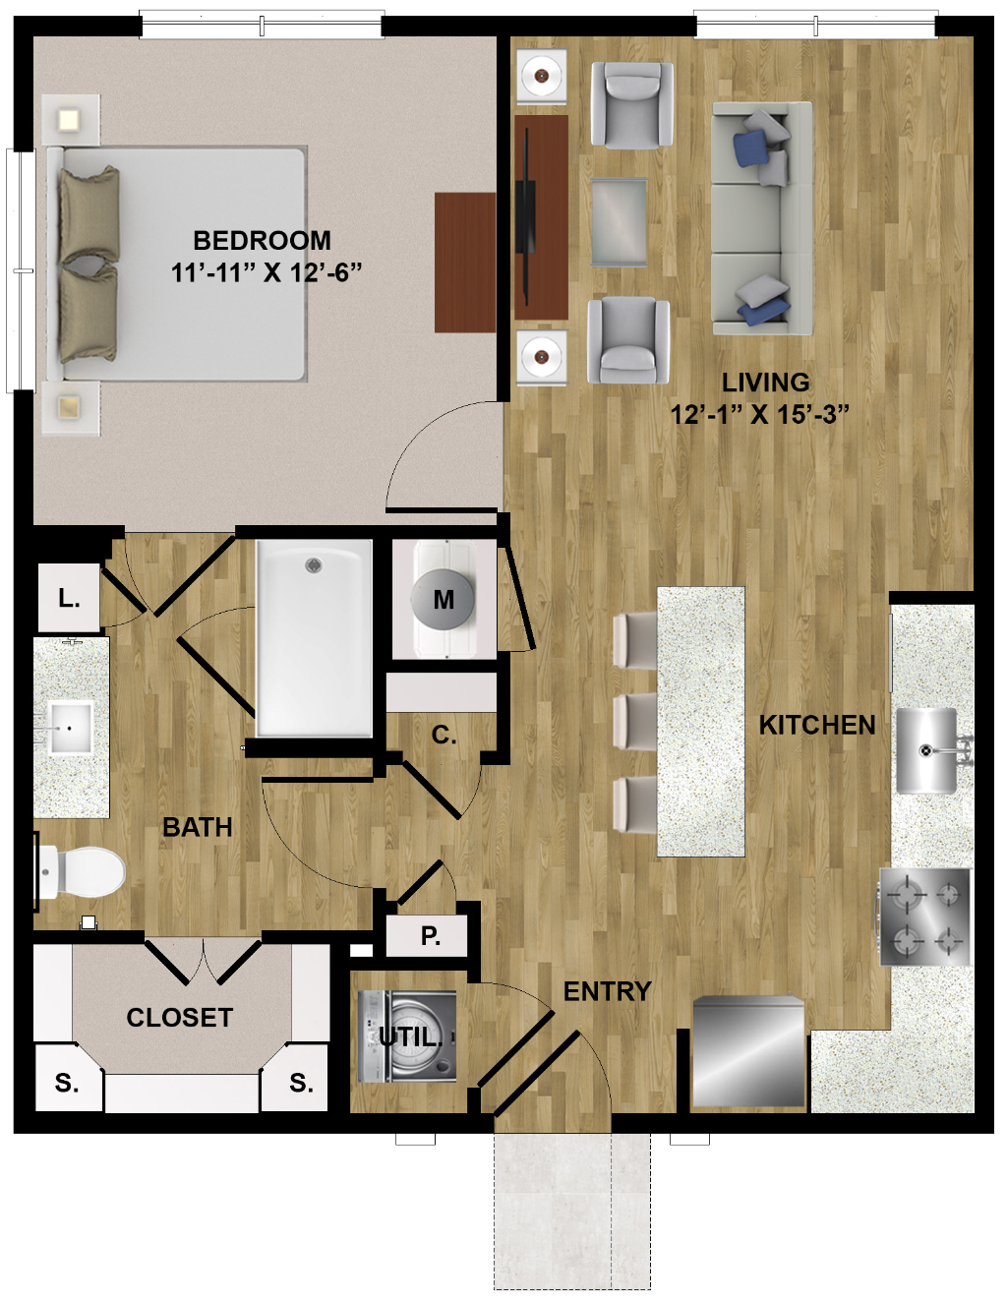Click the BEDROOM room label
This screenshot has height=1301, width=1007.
click(x=262, y=241)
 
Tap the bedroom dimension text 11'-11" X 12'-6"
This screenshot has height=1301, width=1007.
click(x=267, y=273)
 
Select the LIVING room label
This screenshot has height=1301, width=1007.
click(x=765, y=383)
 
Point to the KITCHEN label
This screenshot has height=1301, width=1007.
click(x=817, y=725)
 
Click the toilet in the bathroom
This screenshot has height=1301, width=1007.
click(x=80, y=871)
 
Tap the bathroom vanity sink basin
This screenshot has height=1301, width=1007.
click(x=70, y=728)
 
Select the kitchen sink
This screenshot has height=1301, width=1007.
click(x=926, y=750)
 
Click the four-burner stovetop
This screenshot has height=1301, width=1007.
click(x=924, y=917)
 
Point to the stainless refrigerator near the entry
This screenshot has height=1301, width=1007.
click(x=748, y=1051)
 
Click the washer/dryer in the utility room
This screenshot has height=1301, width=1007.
click(x=407, y=1036)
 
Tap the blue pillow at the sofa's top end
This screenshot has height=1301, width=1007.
click(x=750, y=148)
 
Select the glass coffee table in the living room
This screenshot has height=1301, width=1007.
click(x=619, y=221)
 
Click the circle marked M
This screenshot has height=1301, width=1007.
click(x=444, y=599)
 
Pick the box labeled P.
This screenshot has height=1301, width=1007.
click(x=426, y=936)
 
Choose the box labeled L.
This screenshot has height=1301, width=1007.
click(x=69, y=598)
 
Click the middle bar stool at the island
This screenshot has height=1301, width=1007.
click(x=634, y=722)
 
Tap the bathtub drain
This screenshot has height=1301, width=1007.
click(x=313, y=564)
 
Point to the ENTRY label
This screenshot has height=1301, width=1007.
click(x=607, y=991)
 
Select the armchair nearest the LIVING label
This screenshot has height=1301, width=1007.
click(x=628, y=340)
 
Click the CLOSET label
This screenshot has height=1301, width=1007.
click(x=180, y=1017)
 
